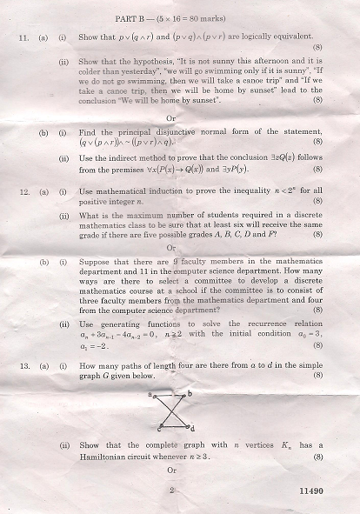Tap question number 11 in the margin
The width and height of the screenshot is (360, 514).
(x=23, y=37)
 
